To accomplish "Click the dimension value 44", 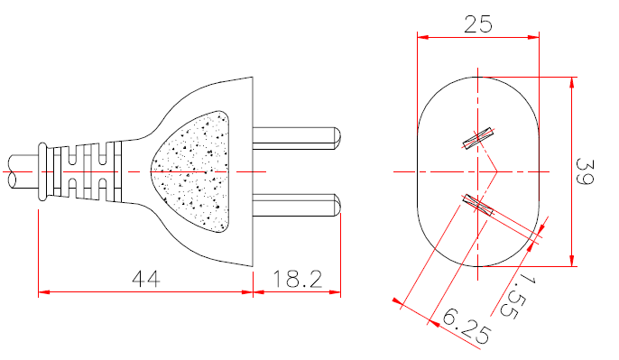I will (x=145, y=280).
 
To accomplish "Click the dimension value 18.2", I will (x=297, y=280).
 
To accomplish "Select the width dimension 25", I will (x=477, y=24).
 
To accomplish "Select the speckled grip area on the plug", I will (x=194, y=171).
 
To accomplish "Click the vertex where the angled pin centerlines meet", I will (x=498, y=171).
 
